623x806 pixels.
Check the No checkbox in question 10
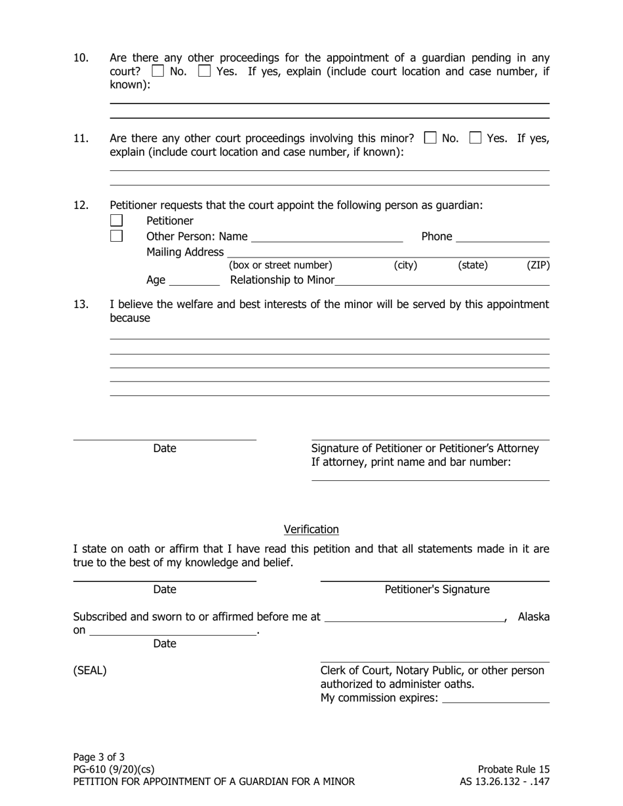(157, 71)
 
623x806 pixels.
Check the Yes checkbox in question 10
(205, 71)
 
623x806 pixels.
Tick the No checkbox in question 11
(430, 138)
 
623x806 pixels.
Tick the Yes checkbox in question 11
(475, 138)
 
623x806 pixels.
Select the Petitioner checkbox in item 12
(116, 221)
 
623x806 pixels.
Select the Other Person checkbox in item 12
(116, 236)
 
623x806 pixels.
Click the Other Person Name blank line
(327, 237)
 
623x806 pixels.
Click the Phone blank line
(502, 237)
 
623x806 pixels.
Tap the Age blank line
(194, 281)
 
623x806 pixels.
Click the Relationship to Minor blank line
(441, 281)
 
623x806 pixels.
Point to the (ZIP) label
(538, 265)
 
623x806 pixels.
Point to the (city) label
(405, 265)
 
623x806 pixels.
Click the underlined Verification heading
(311, 529)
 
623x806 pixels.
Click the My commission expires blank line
(496, 699)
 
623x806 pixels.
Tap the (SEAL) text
(90, 670)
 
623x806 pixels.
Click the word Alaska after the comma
(534, 617)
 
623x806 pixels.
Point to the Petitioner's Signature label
(437, 590)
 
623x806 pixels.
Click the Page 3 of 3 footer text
(99, 757)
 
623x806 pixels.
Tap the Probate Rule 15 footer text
(513, 769)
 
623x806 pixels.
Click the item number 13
(81, 304)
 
